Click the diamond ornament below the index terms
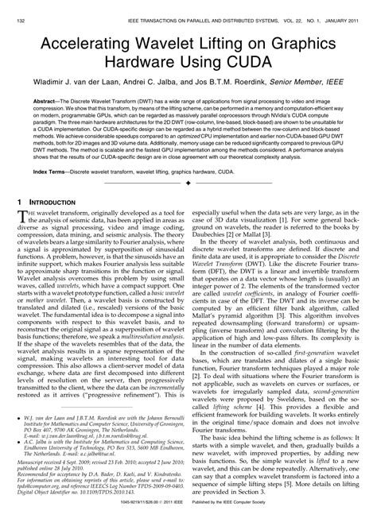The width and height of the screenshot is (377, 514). coord(188,184)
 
